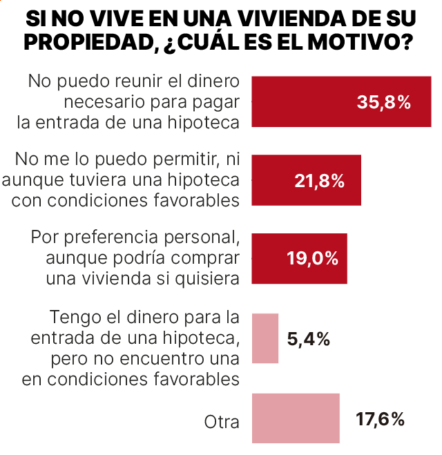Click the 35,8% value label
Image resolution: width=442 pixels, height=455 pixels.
point(384,102)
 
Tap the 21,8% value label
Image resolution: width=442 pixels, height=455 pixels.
point(319,181)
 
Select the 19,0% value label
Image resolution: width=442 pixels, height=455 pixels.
point(312,259)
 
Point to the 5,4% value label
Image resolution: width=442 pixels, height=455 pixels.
point(308,338)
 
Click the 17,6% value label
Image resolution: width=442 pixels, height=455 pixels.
point(380,418)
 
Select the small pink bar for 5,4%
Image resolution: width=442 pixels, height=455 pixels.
point(265,338)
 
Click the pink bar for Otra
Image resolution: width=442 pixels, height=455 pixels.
point(296,418)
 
